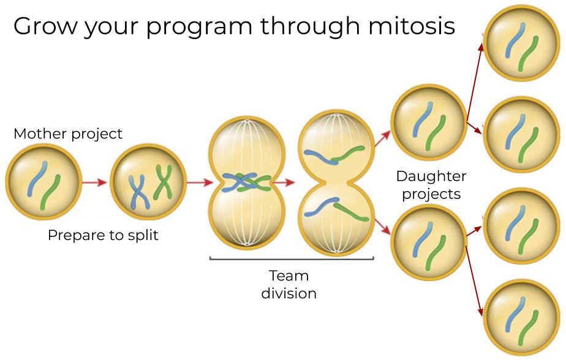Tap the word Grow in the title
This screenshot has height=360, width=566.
tap(45, 26)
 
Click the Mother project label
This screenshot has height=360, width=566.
tap(68, 134)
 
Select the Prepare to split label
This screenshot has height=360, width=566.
tap(104, 235)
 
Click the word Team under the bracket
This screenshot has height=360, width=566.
tap(289, 276)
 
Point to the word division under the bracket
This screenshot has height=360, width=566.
tap(289, 293)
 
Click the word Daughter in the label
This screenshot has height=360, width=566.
tap(431, 176)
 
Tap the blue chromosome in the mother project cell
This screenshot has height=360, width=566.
tap(37, 179)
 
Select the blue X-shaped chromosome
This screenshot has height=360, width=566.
tap(139, 192)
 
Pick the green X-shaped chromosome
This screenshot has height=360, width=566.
tap(163, 182)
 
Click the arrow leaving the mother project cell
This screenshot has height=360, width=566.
tap(94, 182)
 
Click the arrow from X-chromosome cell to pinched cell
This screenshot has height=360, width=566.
tap(200, 182)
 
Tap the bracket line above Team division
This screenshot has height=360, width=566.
tap(292, 258)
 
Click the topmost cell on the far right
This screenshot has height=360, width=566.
tap(521, 43)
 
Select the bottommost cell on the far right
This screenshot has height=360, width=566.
tap(521, 317)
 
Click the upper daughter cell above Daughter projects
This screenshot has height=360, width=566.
tap(429, 122)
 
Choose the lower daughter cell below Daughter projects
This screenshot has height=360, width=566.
tap(429, 242)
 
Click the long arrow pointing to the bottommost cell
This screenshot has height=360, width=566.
tap(474, 282)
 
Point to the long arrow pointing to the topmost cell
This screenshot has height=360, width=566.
tap(474, 81)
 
